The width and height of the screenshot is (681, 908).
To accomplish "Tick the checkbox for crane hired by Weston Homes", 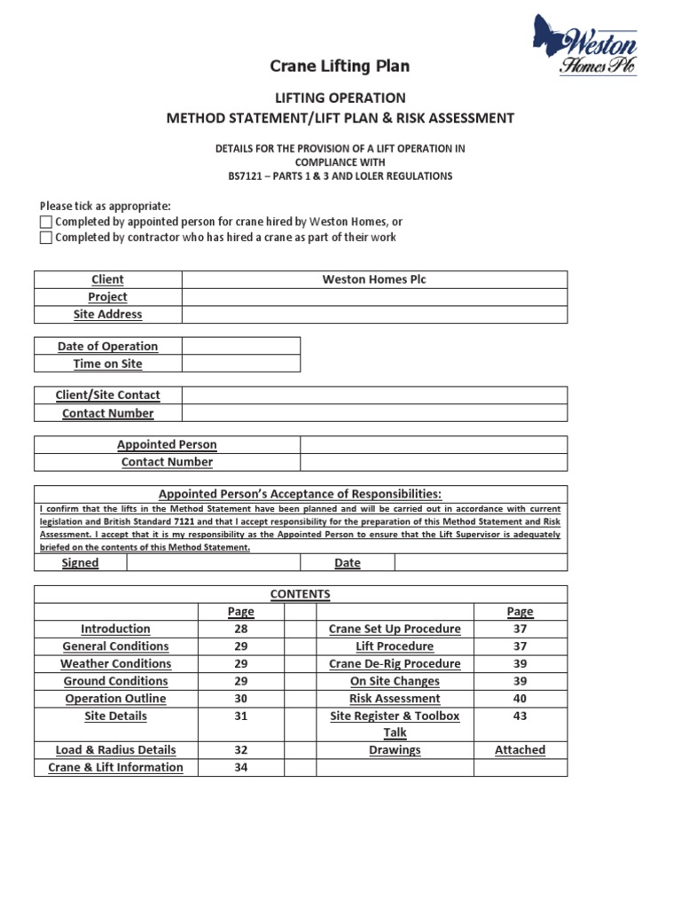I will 46,222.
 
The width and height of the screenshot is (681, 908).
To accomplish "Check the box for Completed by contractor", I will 46,238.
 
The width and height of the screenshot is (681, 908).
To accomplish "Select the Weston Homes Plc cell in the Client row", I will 374,279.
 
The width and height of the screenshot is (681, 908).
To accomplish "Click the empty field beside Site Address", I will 374,314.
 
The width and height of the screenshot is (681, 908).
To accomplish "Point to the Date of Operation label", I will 107,346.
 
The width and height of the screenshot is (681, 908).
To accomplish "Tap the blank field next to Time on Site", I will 240,364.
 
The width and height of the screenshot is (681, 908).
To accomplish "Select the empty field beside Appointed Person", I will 433,444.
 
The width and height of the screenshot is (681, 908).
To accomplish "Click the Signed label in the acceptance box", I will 80,563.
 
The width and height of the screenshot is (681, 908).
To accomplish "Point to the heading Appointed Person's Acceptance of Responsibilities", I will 300,494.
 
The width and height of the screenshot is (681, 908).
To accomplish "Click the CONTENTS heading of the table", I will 301,594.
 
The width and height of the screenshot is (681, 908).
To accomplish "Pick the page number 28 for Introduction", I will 240,629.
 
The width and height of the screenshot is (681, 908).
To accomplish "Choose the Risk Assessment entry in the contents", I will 395,698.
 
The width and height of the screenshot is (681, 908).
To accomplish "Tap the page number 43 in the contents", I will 520,716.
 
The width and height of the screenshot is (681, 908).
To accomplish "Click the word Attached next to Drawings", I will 520,749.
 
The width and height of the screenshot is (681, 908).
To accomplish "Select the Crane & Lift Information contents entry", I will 115,767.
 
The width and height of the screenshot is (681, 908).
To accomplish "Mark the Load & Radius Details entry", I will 115,749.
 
